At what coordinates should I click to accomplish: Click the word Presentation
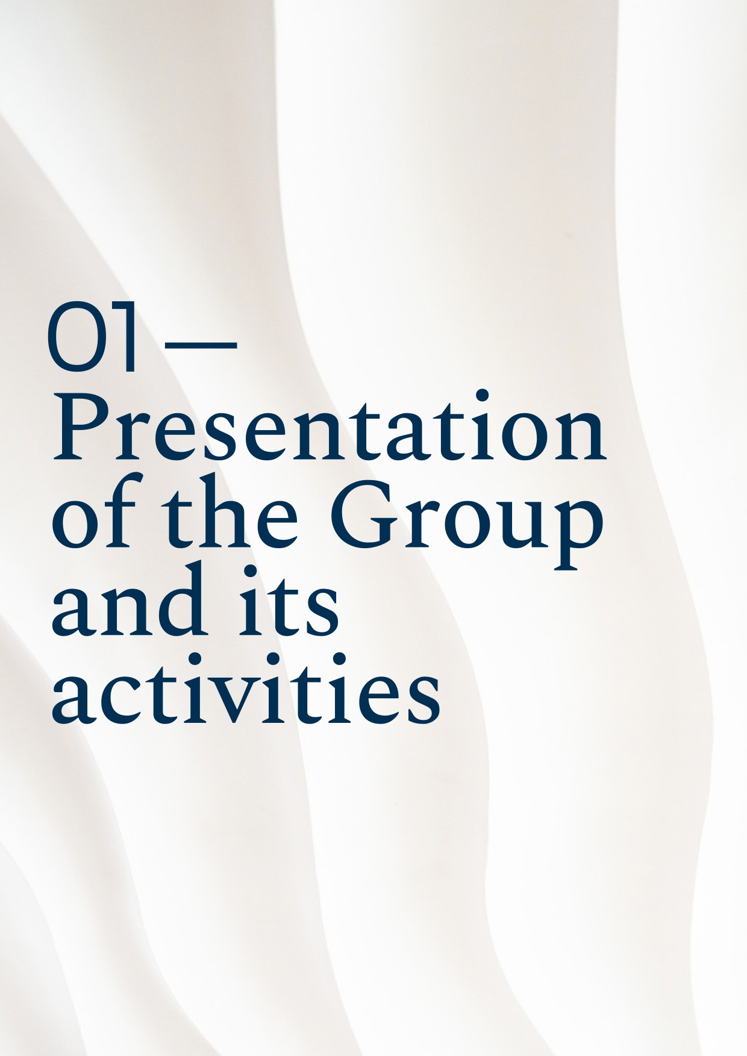[x=330, y=426]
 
